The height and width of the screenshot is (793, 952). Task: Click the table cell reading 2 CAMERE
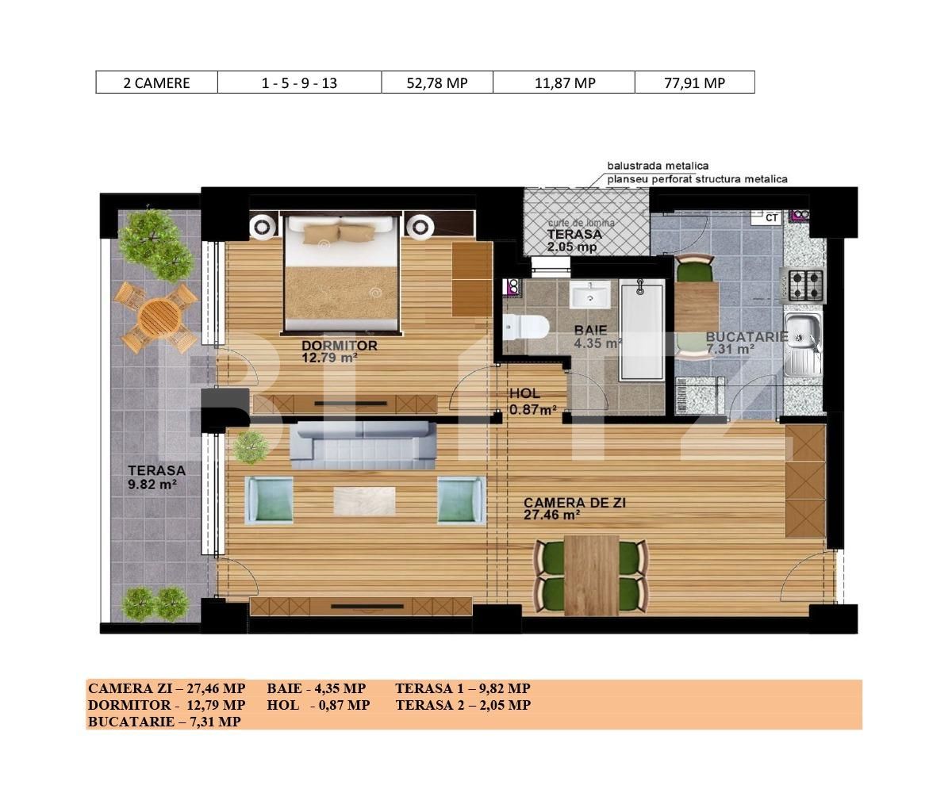[x=156, y=82]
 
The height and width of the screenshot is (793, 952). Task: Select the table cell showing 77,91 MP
[x=694, y=82]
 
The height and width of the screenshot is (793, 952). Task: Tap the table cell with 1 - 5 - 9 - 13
[x=299, y=82]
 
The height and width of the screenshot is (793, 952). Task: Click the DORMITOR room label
[x=339, y=346]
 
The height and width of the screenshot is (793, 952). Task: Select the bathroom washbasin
[x=589, y=297]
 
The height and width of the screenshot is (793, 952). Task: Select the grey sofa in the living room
[x=363, y=442]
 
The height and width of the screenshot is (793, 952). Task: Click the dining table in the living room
[x=591, y=574]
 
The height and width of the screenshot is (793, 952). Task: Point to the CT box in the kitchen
[x=771, y=216]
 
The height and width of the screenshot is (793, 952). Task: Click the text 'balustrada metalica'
[x=658, y=166]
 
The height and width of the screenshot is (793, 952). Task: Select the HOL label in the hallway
[x=524, y=393]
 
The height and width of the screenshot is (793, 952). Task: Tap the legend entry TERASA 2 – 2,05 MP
[x=463, y=705]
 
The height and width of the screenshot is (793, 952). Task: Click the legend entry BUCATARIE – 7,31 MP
[x=164, y=722]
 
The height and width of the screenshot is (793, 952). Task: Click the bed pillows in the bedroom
[x=340, y=232]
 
